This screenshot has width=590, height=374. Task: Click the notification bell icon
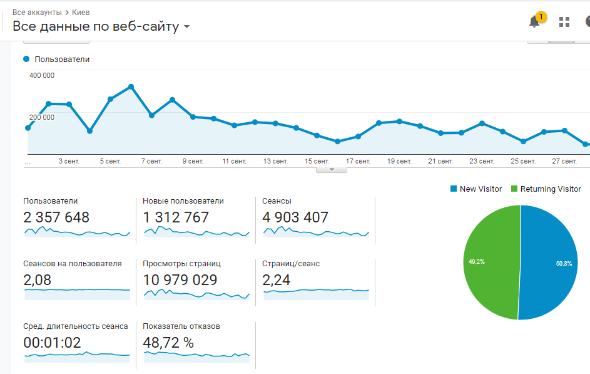tap(534, 21)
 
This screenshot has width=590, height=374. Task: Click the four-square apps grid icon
tap(564, 22)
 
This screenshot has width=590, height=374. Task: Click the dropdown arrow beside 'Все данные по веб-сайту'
tap(186, 27)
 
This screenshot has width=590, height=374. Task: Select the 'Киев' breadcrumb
tap(81, 13)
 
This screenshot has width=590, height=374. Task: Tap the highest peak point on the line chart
tap(131, 86)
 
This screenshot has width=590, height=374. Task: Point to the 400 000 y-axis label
tap(42, 75)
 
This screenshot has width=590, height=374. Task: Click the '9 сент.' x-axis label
tap(193, 161)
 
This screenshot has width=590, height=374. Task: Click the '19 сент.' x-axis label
tap(399, 161)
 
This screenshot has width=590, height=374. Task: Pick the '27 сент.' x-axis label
tap(564, 161)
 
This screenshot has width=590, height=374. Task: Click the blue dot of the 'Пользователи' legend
tap(26, 59)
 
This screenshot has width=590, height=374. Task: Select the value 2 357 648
tap(56, 217)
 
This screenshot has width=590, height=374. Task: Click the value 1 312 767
tap(176, 217)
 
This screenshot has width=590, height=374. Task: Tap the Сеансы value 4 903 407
tap(295, 217)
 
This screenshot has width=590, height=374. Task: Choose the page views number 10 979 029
tap(180, 280)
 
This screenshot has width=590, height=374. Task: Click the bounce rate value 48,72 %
tap(168, 343)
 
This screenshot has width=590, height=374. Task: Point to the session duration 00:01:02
tap(52, 343)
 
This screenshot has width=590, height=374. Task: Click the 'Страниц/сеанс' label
tap(291, 264)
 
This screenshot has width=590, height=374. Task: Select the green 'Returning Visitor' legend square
tap(514, 189)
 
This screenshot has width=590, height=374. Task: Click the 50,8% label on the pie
tap(564, 264)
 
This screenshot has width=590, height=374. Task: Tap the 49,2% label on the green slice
tap(476, 261)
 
